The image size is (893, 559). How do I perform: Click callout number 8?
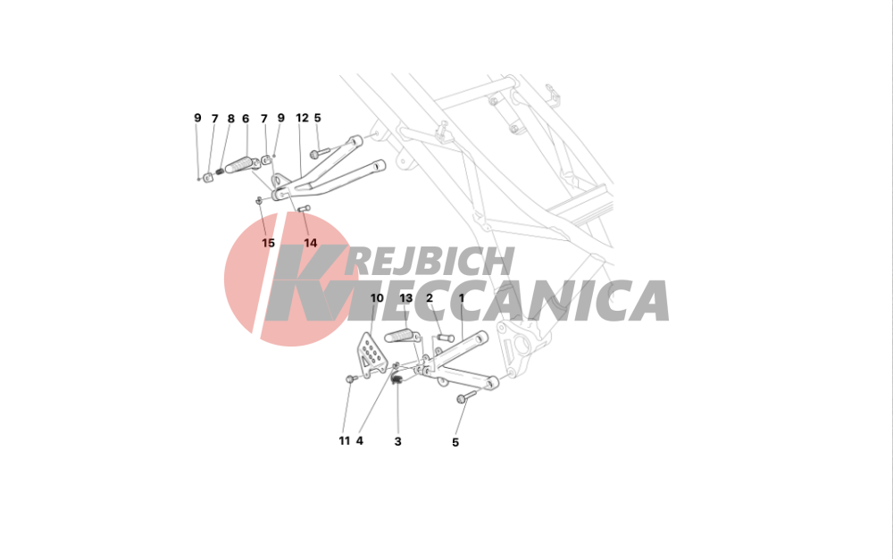(x=230, y=119)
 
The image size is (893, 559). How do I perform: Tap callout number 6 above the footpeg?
(x=246, y=119)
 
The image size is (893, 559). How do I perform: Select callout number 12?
(x=302, y=118)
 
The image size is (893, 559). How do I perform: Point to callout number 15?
(x=268, y=243)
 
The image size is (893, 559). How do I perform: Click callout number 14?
(x=311, y=243)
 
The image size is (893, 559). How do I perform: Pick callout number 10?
(x=377, y=298)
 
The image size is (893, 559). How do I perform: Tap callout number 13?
(x=406, y=298)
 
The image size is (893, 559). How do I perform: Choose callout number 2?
(x=430, y=298)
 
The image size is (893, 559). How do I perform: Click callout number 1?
(x=462, y=298)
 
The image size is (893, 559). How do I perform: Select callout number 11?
(x=345, y=440)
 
